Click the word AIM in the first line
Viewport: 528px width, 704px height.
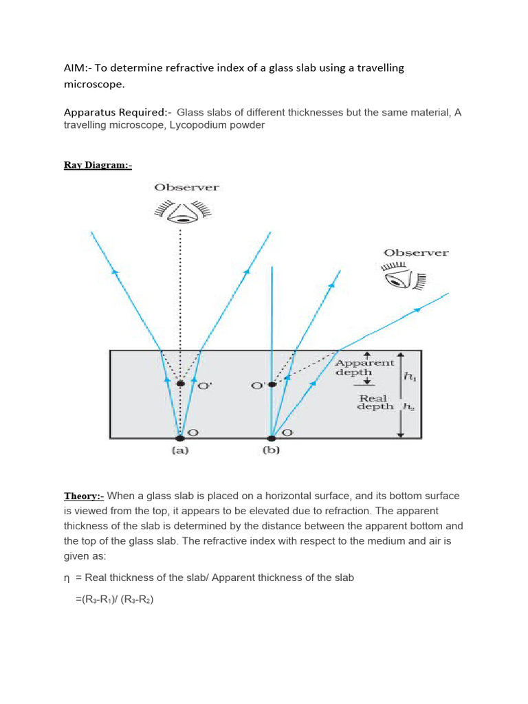tap(75, 67)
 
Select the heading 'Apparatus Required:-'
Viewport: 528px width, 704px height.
tap(118, 112)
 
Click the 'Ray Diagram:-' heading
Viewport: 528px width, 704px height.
tap(98, 165)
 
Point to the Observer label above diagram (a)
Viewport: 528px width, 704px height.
tap(186, 187)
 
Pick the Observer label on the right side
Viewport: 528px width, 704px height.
tap(416, 252)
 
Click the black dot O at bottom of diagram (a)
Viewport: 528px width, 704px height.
tap(180, 437)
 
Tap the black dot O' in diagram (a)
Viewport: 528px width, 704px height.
tap(180, 383)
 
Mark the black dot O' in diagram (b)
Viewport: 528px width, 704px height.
tap(272, 384)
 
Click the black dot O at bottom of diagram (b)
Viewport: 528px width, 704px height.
tap(272, 437)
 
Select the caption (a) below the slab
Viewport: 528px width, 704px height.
tap(180, 451)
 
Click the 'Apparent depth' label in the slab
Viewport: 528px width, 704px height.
tap(364, 367)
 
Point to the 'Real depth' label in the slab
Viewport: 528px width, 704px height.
tap(375, 402)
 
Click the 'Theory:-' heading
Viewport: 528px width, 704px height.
tap(84, 496)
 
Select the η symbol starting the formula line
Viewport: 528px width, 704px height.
tap(67, 577)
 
